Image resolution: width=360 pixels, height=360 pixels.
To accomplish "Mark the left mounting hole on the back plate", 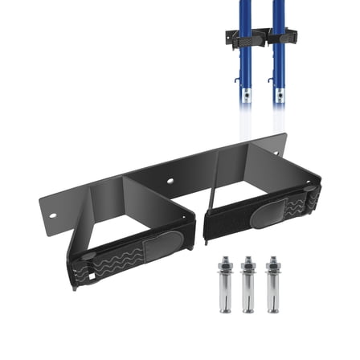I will tap(53, 215).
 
